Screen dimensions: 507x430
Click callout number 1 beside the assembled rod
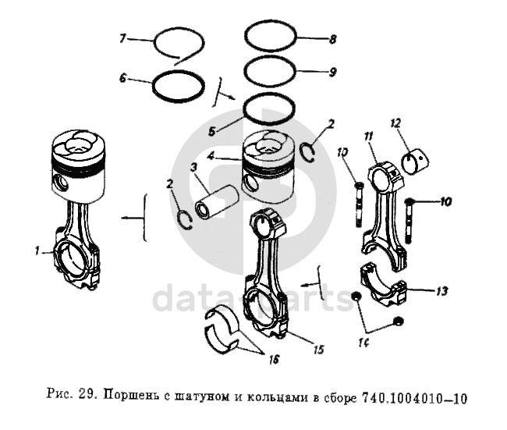pos(37,251)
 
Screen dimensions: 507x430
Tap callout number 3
pos(192,168)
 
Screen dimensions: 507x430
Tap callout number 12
pos(395,123)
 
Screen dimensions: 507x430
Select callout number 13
pos(441,292)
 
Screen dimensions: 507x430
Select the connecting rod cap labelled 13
pos(386,287)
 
